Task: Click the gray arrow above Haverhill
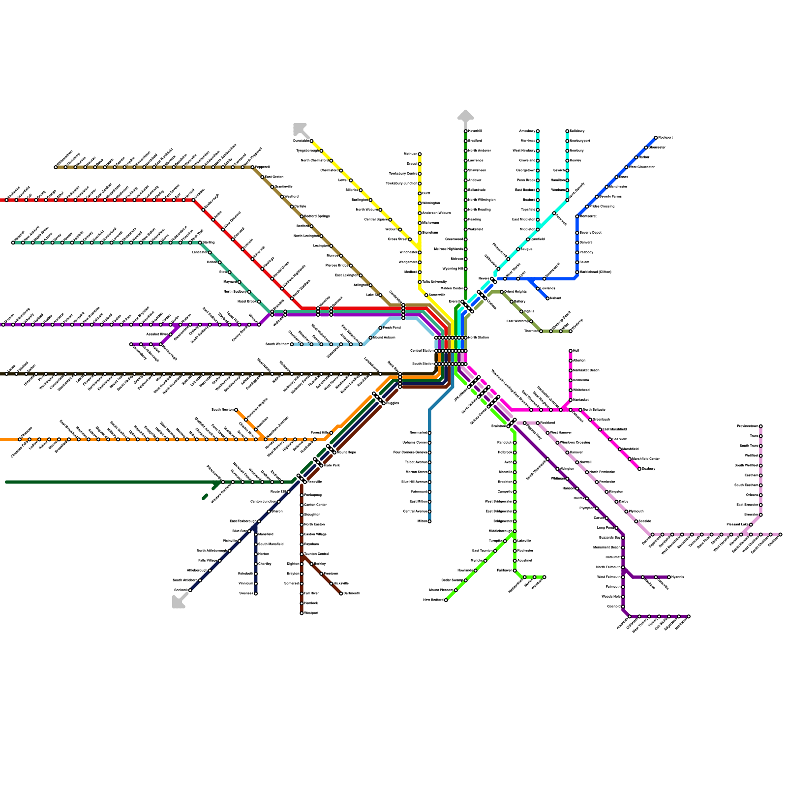[465, 116]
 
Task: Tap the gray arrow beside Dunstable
[299, 128]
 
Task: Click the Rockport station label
[665, 137]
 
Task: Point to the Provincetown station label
[747, 426]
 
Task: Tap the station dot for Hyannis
[669, 577]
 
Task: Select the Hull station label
[576, 351]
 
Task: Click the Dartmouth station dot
[341, 593]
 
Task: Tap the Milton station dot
[429, 521]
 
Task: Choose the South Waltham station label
[277, 344]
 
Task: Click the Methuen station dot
[420, 154]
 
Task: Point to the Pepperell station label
[262, 167]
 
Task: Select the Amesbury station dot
[538, 131]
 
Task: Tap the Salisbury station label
[577, 131]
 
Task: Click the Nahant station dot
[547, 298]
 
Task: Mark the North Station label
[478, 337]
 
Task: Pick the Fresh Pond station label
[392, 328]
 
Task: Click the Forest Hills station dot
[331, 433]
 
